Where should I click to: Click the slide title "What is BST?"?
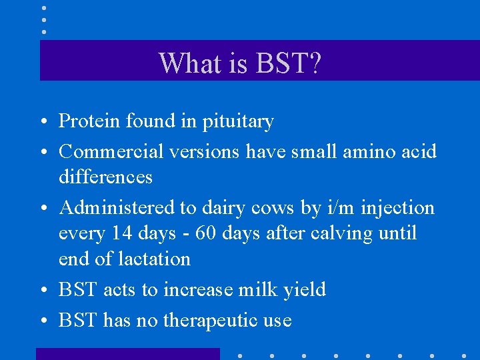click(x=241, y=63)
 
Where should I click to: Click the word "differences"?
click(x=105, y=177)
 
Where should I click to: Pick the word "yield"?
click(x=304, y=291)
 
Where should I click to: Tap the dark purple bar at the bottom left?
click(x=127, y=353)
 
